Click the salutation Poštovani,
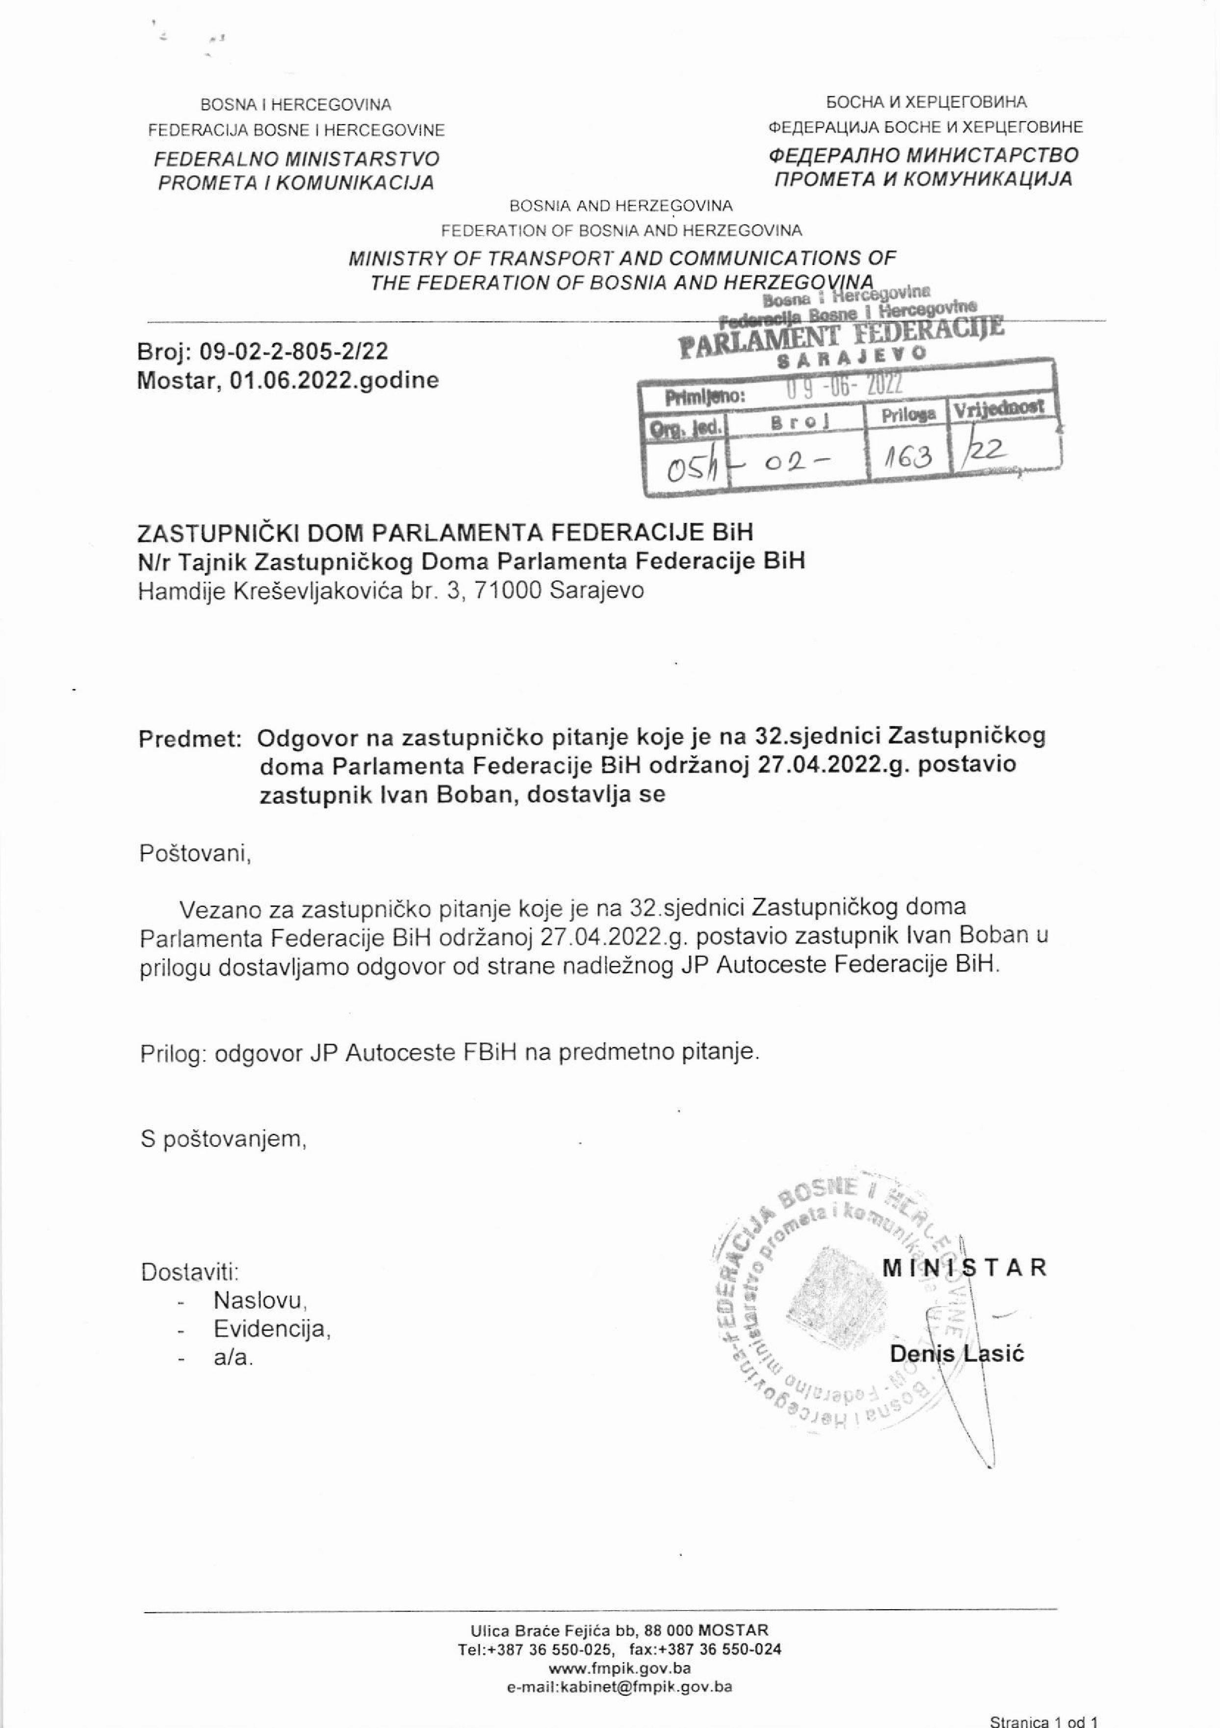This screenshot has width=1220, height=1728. click(194, 854)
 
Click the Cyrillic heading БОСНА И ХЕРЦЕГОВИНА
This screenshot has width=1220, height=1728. click(926, 103)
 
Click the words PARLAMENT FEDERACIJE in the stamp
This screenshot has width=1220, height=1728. click(841, 337)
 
